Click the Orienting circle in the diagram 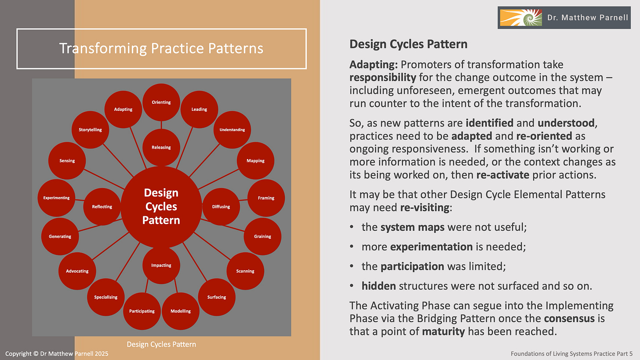(x=161, y=102)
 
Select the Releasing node (x=161, y=147)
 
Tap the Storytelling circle (x=90, y=130)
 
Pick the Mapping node (x=255, y=160)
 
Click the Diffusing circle (x=221, y=207)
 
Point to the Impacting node (x=161, y=265)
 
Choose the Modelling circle (x=181, y=311)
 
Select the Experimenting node (x=56, y=198)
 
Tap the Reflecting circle (x=102, y=207)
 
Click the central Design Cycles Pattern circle (x=161, y=207)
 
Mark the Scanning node (x=245, y=271)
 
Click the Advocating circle (x=77, y=271)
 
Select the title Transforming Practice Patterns (x=161, y=48)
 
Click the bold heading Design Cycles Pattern (x=408, y=44)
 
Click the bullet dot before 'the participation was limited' (x=353, y=266)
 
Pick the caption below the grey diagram (x=161, y=344)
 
